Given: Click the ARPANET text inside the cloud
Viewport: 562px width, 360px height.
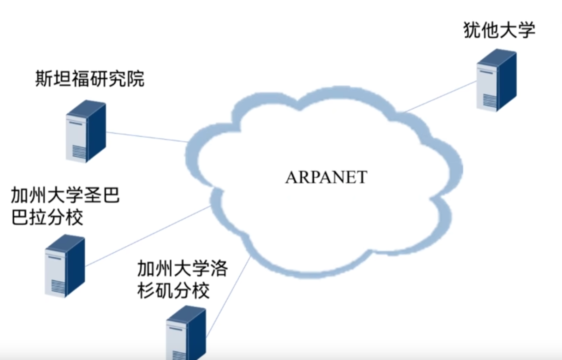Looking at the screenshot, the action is click(326, 178).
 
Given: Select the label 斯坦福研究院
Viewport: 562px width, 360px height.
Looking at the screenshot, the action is click(90, 79).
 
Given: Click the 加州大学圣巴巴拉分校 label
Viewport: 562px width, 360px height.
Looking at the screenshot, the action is click(65, 207).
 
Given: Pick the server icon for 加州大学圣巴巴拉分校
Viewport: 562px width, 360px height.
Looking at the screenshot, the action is click(65, 266).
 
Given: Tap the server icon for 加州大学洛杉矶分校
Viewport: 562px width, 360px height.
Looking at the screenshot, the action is click(186, 333).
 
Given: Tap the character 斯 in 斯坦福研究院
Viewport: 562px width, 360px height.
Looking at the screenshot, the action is click(44, 79).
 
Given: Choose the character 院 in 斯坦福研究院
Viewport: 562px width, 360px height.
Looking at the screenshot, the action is click(135, 79).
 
